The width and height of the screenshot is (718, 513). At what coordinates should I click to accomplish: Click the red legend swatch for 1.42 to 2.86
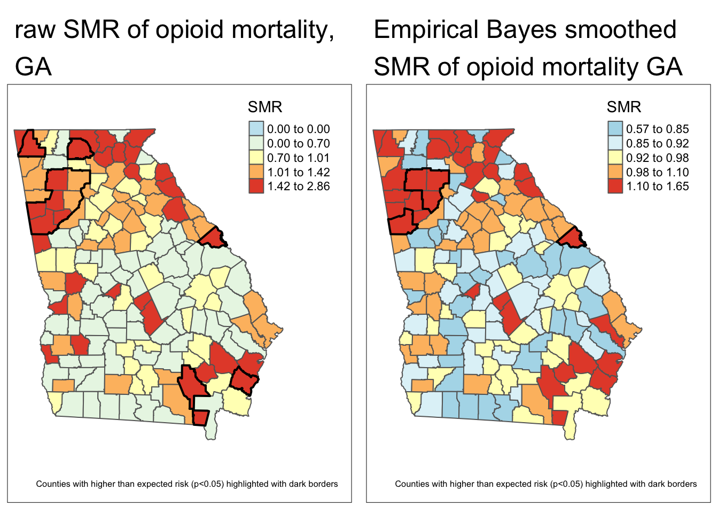tap(256, 186)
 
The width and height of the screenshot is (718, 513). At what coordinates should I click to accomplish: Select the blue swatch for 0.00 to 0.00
tap(256, 129)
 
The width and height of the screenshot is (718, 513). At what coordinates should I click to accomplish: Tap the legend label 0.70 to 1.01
tap(298, 158)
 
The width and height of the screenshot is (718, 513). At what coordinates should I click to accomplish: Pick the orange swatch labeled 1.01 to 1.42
tap(256, 172)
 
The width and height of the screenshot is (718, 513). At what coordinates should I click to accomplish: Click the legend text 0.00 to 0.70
tap(298, 143)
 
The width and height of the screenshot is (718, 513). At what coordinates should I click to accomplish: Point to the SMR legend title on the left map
tap(264, 107)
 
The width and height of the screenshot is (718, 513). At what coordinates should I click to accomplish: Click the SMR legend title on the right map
tap(623, 107)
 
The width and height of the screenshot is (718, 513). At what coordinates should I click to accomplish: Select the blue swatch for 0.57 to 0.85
tap(615, 129)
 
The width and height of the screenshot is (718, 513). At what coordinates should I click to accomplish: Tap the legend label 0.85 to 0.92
tap(657, 143)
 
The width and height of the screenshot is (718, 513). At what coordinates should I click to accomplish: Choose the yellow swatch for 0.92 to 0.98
tap(615, 158)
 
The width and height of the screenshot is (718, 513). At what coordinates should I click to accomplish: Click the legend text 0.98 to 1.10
tap(657, 172)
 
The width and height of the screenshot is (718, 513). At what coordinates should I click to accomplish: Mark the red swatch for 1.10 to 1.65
tap(615, 186)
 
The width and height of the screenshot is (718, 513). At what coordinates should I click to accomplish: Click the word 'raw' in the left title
tap(35, 30)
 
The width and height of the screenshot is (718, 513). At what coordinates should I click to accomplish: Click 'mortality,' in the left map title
tap(283, 30)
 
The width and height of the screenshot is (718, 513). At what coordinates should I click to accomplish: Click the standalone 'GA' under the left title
tap(33, 67)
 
